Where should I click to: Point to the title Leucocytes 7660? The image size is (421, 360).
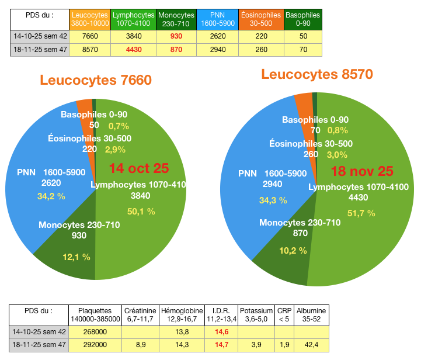(x=96, y=79)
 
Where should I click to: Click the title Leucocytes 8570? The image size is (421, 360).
(x=316, y=74)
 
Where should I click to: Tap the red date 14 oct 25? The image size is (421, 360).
(x=139, y=168)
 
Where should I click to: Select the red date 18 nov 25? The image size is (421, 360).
(x=362, y=171)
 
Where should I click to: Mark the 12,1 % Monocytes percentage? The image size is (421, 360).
(x=76, y=257)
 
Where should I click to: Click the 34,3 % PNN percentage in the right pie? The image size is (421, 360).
(x=273, y=200)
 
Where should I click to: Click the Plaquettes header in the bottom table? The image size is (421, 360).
(x=95, y=314)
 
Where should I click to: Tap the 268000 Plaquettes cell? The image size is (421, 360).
(x=95, y=331)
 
